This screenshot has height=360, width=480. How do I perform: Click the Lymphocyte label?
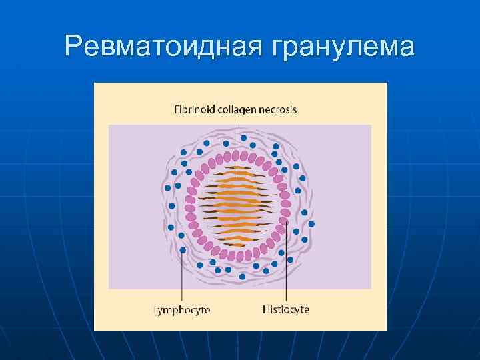click(182, 310)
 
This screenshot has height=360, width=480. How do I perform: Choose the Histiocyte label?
click(286, 310)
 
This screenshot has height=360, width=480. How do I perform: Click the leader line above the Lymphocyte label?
click(182, 280)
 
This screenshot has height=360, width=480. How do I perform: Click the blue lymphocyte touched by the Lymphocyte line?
click(183, 250)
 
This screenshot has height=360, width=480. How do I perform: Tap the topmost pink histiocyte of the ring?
click(235, 155)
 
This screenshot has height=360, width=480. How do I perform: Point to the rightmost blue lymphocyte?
click(312, 223)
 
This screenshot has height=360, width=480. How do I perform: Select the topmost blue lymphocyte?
click(225, 143)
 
